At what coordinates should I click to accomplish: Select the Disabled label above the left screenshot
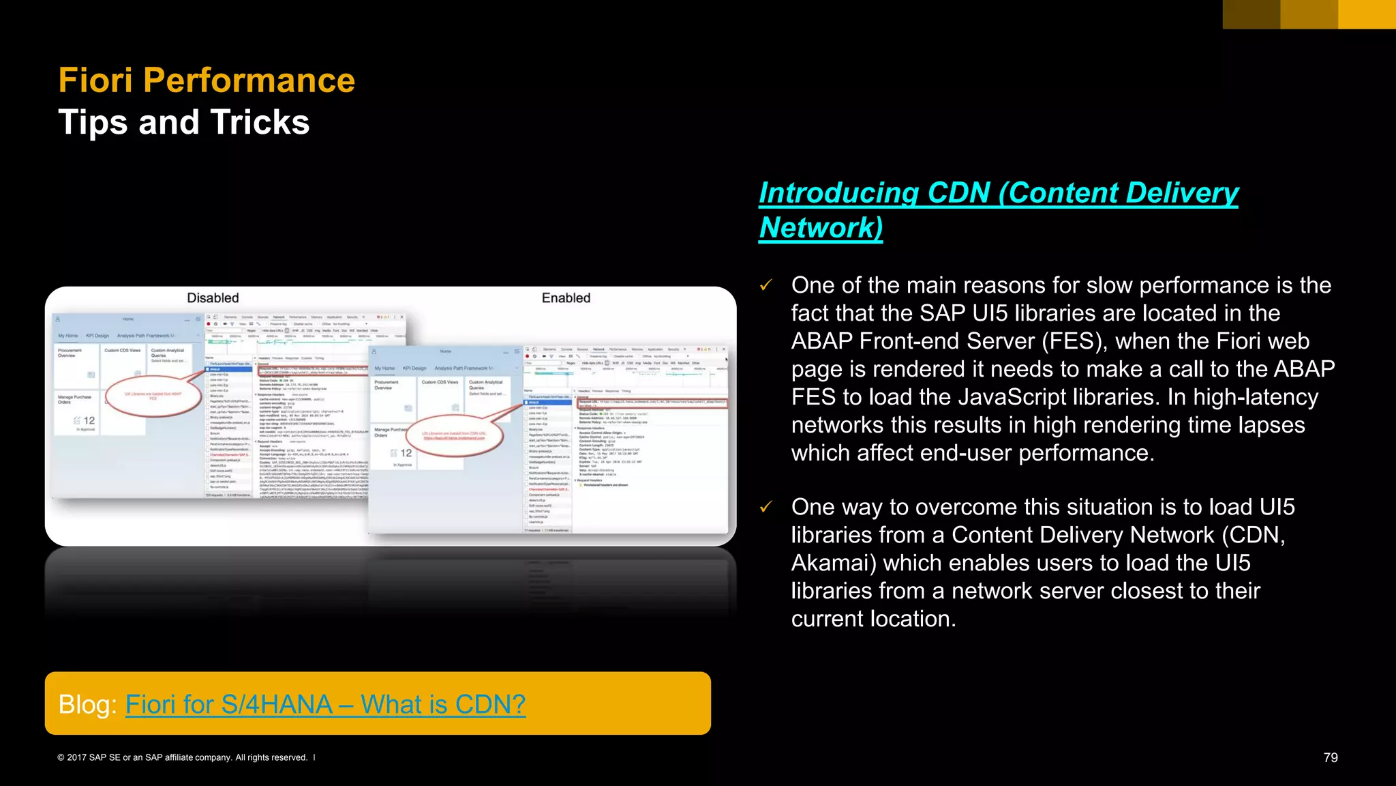click(213, 298)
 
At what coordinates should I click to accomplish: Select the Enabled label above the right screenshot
click(566, 298)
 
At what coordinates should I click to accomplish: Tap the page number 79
click(1330, 757)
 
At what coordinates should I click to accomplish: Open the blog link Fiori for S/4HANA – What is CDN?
click(325, 704)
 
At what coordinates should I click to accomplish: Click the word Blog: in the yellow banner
click(88, 704)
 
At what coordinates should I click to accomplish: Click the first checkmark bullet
click(766, 285)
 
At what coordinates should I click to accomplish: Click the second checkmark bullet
click(766, 507)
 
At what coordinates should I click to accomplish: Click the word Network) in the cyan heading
click(821, 228)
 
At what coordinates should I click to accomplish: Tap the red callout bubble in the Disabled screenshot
click(154, 396)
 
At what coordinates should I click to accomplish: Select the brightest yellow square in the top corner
click(1367, 14)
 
